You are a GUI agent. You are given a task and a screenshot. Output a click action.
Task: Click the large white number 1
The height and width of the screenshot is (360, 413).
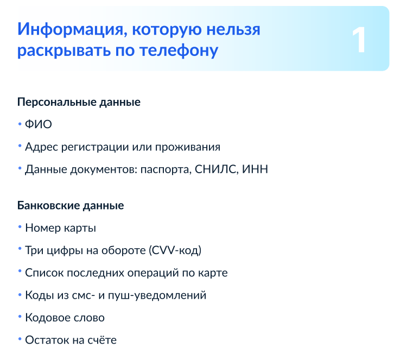(359, 40)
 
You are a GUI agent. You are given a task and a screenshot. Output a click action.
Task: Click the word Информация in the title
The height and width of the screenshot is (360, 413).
(71, 30)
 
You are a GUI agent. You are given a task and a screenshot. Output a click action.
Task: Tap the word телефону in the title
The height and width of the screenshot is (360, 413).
(179, 50)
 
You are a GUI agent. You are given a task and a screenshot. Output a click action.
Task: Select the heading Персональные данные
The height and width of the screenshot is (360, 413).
(79, 102)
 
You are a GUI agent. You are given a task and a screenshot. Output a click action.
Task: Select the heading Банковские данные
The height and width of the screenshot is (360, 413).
(71, 206)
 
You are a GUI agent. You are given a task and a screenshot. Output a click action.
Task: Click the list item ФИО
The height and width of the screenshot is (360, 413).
(39, 124)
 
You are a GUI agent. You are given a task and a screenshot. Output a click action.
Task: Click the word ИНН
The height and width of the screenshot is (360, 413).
(255, 169)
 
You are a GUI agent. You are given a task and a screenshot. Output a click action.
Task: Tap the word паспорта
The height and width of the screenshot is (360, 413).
(166, 170)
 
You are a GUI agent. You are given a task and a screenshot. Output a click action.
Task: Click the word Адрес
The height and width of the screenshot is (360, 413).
(41, 147)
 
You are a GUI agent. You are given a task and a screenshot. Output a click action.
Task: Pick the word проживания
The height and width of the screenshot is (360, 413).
(188, 148)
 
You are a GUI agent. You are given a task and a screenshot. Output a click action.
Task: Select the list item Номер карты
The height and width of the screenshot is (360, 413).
(61, 228)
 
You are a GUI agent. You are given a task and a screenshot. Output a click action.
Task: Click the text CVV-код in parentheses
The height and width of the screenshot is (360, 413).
(175, 250)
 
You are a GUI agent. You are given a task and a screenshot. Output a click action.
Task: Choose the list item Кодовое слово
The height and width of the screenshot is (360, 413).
(65, 318)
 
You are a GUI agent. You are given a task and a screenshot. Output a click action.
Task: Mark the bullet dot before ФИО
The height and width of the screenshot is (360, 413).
(20, 124)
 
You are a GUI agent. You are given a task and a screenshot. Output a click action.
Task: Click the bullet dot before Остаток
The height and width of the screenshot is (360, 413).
(20, 339)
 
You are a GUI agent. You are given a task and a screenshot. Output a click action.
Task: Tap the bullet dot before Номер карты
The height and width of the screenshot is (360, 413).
(20, 227)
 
